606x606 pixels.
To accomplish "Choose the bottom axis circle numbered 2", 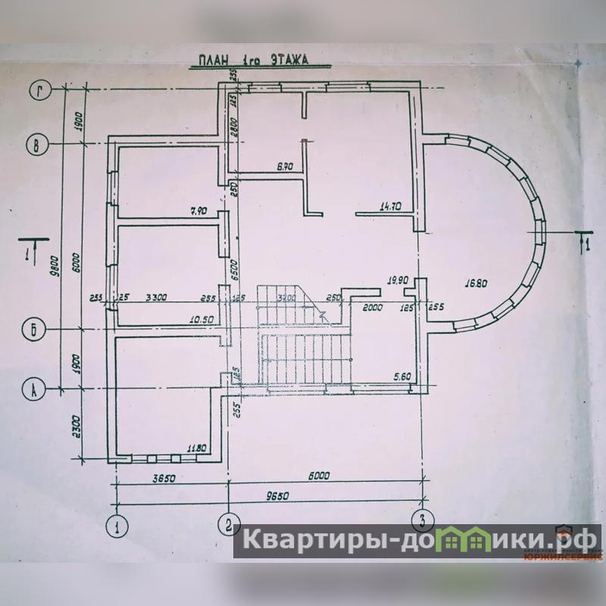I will [x=229, y=523].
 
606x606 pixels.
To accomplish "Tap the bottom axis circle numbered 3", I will [x=420, y=521].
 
